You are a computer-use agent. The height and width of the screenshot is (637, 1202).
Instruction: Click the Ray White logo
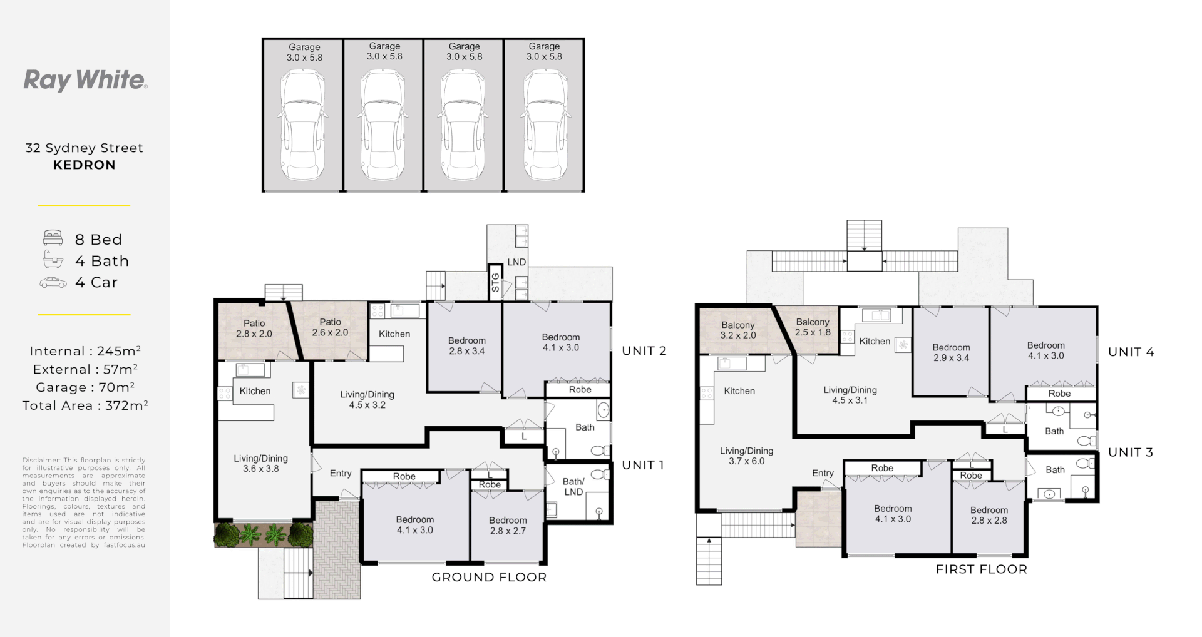pyautogui.click(x=85, y=81)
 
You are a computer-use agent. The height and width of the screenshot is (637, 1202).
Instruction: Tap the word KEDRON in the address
pyautogui.click(x=85, y=165)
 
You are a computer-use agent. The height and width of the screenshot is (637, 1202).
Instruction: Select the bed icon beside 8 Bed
pyautogui.click(x=53, y=238)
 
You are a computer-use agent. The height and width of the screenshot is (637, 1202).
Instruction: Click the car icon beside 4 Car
pyautogui.click(x=53, y=283)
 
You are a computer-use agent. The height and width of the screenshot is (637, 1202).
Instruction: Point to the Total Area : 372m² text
pyautogui.click(x=85, y=405)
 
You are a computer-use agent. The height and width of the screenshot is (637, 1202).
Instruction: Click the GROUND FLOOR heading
pyautogui.click(x=489, y=578)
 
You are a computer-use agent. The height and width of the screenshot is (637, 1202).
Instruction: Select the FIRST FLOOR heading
pyautogui.click(x=982, y=569)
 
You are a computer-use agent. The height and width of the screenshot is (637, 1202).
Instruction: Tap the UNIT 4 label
pyautogui.click(x=1131, y=352)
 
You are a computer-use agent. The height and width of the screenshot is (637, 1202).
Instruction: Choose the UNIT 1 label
pyautogui.click(x=643, y=465)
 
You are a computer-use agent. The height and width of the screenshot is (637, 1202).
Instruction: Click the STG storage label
pyautogui.click(x=496, y=283)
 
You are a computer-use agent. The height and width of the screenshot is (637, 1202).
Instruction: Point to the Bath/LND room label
pyautogui.click(x=573, y=487)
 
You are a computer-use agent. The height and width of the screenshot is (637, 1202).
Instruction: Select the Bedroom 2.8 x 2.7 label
pyautogui.click(x=508, y=526)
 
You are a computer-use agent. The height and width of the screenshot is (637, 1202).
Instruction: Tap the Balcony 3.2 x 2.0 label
pyautogui.click(x=738, y=330)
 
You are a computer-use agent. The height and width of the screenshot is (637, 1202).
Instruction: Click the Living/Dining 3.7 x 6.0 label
pyautogui.click(x=746, y=456)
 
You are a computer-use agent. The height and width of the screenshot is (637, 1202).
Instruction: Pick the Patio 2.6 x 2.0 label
pyautogui.click(x=331, y=327)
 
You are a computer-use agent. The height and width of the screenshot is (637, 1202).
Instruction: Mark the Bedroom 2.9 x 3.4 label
pyautogui.click(x=951, y=353)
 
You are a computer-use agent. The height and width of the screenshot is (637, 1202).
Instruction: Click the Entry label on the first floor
pyautogui.click(x=823, y=474)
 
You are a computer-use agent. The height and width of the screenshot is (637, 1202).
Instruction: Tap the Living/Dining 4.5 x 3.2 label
pyautogui.click(x=367, y=400)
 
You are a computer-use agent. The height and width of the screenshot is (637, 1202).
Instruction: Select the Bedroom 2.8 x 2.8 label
pyautogui.click(x=989, y=515)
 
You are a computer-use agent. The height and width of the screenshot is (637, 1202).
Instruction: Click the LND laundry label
pyautogui.click(x=516, y=262)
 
